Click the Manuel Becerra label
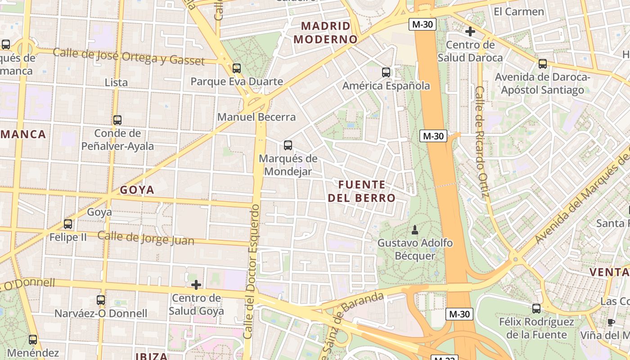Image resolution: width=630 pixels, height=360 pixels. click(x=256, y=117)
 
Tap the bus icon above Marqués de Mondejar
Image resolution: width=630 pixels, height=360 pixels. click(x=288, y=145)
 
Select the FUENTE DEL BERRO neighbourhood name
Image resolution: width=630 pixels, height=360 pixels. click(x=361, y=191)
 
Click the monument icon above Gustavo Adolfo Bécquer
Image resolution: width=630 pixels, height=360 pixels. click(x=414, y=230)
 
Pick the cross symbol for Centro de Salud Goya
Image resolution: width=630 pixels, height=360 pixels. click(x=196, y=285)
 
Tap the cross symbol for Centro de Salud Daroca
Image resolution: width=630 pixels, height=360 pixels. click(x=470, y=31)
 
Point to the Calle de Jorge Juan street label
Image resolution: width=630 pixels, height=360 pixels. click(x=146, y=238)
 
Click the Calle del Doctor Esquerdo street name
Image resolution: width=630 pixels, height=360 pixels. click(x=252, y=272)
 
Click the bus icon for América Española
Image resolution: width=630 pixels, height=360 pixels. click(x=386, y=72)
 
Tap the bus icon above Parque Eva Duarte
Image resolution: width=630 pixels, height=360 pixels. click(x=237, y=68)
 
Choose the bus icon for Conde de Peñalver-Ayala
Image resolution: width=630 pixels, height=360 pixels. click(x=117, y=120)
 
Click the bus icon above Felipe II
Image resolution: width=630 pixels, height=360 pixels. click(x=68, y=224)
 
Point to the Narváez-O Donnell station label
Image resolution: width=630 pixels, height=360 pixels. click(x=101, y=313)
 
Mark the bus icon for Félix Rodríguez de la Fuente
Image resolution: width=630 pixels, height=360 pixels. click(x=536, y=309)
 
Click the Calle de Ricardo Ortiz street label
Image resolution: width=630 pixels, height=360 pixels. click(x=481, y=142)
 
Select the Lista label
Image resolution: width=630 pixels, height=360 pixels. click(x=116, y=83)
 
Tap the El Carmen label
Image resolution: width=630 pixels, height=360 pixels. click(x=519, y=12)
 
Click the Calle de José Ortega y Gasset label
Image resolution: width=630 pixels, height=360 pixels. click(x=129, y=57)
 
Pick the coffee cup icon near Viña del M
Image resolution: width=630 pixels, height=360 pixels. click(x=611, y=322)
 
